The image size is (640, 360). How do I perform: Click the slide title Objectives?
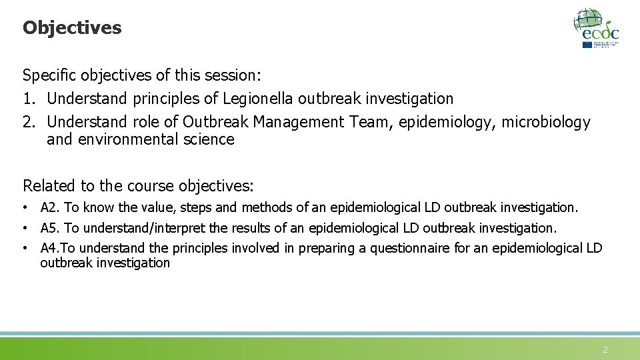[x=72, y=28]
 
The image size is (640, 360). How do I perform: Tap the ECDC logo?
[x=597, y=28]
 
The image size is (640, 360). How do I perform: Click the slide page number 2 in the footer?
[x=605, y=349]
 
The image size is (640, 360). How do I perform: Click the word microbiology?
[x=546, y=122]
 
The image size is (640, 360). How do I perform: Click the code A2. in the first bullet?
[x=50, y=208]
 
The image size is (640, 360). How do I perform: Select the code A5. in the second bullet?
[x=50, y=228]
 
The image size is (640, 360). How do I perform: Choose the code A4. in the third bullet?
[x=51, y=249]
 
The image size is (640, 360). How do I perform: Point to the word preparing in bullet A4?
[x=327, y=249]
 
